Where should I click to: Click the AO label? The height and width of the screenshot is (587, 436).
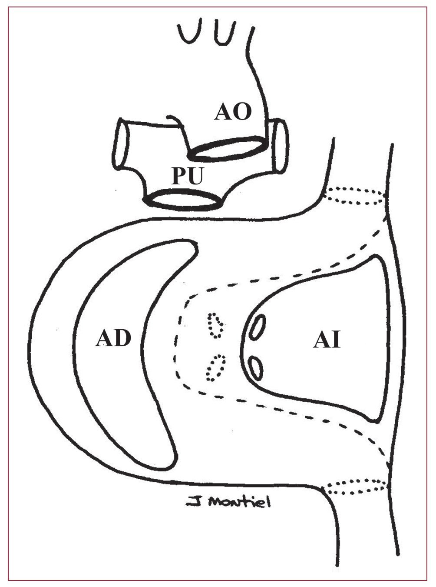(x=233, y=113)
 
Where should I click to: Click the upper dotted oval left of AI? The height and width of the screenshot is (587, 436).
(x=216, y=325)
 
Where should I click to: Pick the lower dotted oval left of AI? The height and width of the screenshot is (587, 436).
(x=215, y=366)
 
